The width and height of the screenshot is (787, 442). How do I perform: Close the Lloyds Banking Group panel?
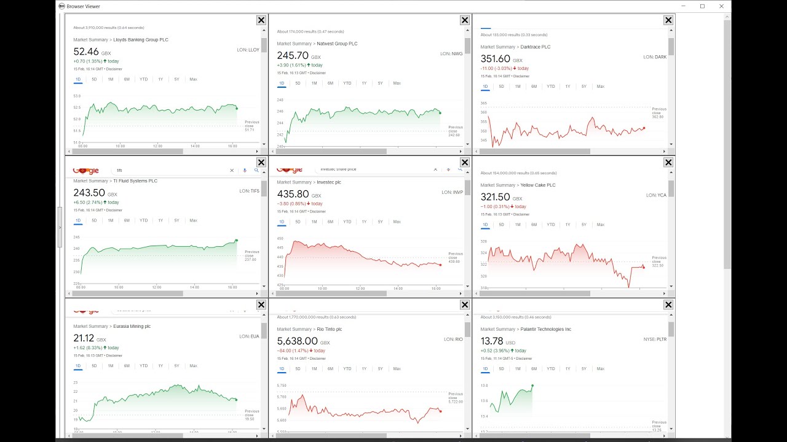(x=261, y=20)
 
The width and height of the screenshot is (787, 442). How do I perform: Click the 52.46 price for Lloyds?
(x=86, y=52)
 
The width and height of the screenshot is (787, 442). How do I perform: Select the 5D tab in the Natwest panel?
(x=298, y=83)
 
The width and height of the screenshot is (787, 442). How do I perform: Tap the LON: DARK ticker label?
(x=656, y=57)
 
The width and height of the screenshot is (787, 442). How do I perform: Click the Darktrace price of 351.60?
(x=496, y=59)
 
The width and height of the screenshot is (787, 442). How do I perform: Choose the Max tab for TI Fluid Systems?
(x=193, y=220)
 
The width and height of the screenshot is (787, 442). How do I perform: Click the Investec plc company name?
(x=329, y=182)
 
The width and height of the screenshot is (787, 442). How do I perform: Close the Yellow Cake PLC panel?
(x=668, y=162)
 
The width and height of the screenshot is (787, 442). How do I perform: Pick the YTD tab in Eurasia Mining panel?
(x=143, y=366)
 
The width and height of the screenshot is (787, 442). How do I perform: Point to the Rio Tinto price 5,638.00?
(x=297, y=341)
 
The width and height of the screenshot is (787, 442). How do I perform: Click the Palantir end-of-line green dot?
(x=532, y=386)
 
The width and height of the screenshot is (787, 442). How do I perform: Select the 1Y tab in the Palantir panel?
(x=568, y=369)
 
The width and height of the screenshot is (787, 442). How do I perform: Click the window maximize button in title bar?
(x=702, y=6)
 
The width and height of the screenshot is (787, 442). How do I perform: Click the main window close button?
(x=722, y=6)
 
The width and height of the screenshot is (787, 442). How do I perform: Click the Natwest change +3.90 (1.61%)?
(x=299, y=65)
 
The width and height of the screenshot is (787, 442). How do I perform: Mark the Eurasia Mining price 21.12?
(x=84, y=338)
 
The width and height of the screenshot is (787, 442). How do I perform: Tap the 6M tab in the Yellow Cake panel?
(x=534, y=225)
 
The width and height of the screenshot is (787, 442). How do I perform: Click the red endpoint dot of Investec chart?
(x=440, y=265)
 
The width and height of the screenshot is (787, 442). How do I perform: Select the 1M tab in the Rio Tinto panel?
(x=314, y=369)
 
